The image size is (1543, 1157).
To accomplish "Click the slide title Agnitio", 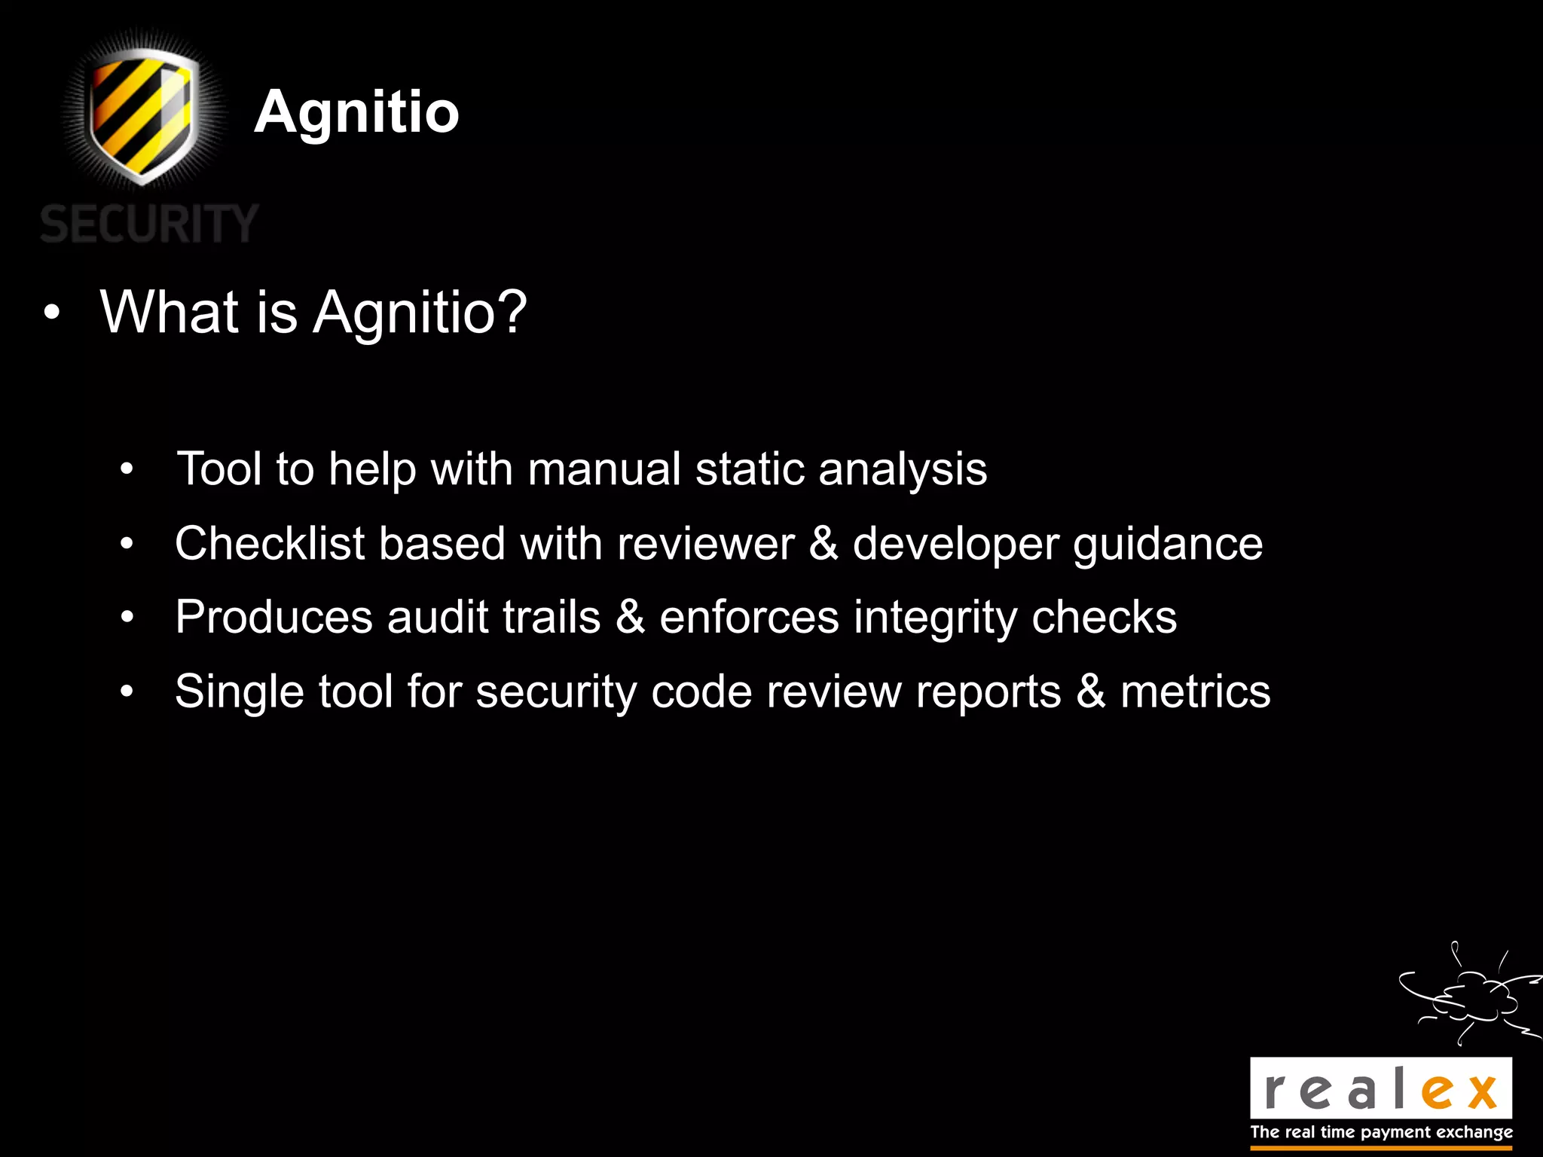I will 356,112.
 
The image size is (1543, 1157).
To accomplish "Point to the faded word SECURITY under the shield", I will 149,224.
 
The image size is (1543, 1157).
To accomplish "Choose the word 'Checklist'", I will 270,543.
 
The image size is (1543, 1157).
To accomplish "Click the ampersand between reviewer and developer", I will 823,543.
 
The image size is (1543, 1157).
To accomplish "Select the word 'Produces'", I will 273,617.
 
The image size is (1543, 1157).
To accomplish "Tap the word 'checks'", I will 1104,617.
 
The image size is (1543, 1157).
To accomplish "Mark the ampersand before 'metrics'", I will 1091,691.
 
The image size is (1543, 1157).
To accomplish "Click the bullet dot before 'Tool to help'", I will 127,470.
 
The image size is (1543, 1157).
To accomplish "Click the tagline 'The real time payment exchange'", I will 1381,1132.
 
